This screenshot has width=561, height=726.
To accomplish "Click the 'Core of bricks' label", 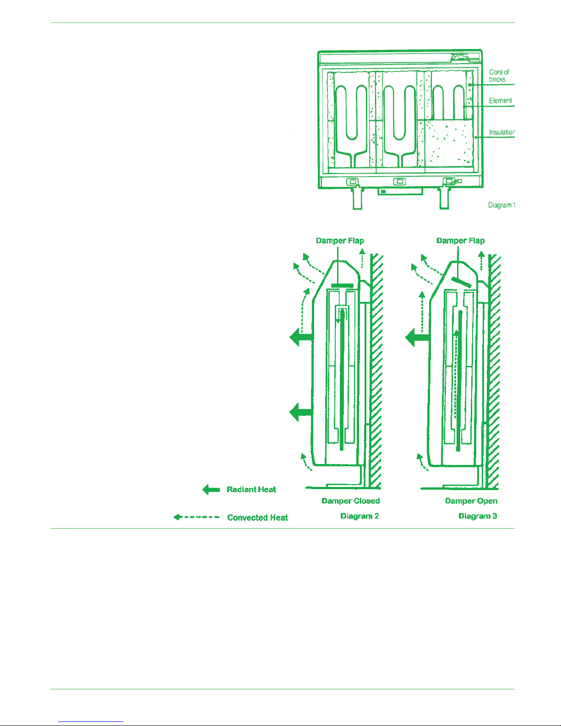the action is coord(499,76).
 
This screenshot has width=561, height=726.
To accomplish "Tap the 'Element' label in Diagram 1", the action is coord(500,101).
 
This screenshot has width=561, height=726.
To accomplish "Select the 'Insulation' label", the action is coord(502,132).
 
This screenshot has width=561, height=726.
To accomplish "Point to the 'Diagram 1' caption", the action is coord(501,205).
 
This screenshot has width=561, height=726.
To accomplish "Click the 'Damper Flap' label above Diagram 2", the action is coord(340,240).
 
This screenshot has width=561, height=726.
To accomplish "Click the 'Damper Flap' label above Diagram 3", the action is coord(461,240).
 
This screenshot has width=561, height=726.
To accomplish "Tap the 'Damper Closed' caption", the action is coord(351,501).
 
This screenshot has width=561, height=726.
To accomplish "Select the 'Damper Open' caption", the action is coord(471,501).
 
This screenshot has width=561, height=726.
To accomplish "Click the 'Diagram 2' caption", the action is coord(359,516).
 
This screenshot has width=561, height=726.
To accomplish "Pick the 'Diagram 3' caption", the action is coord(478,516).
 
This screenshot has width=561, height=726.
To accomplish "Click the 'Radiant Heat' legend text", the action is coord(251,490).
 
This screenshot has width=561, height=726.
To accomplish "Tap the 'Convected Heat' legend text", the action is coord(257,518).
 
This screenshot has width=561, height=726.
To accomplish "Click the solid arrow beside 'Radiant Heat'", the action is coord(211,490).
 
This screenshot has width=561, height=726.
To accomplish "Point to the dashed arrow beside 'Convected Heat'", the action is coord(196,517).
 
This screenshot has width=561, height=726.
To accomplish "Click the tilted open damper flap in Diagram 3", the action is coord(462,282).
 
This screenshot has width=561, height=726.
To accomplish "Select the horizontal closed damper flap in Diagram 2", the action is coord(342,286).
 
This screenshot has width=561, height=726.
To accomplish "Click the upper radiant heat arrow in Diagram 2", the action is coord(301,337).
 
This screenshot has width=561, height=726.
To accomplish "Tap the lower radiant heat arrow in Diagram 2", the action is coord(301,412).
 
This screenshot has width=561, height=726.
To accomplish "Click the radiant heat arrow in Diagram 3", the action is coord(417,338).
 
